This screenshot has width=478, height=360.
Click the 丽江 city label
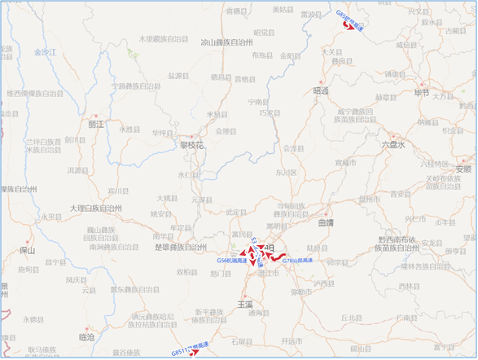click(x=96, y=125)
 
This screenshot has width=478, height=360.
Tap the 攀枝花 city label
click(x=191, y=146)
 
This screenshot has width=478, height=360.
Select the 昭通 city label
click(x=320, y=91)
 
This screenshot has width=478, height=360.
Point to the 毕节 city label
click(x=422, y=93)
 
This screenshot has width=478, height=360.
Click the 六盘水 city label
click(x=392, y=143)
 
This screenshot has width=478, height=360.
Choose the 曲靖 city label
click(x=326, y=222)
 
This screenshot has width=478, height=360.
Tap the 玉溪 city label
click(x=246, y=302)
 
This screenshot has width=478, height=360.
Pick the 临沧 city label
click(x=86, y=336)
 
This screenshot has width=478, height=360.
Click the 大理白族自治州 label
click(x=95, y=209)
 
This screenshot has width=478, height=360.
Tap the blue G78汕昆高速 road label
click(x=298, y=260)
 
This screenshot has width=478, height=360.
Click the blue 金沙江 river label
click(x=46, y=51)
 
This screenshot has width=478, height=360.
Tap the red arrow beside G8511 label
click(x=195, y=353)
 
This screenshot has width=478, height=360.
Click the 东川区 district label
click(x=286, y=173)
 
